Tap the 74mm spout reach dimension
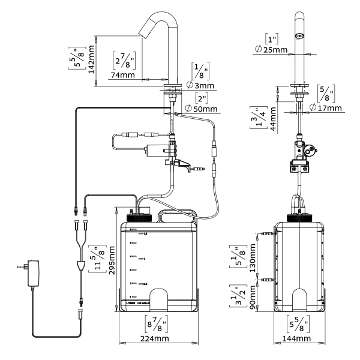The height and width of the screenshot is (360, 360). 122,75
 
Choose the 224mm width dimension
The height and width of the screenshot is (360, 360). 151,339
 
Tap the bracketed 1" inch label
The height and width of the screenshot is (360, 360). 277,38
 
